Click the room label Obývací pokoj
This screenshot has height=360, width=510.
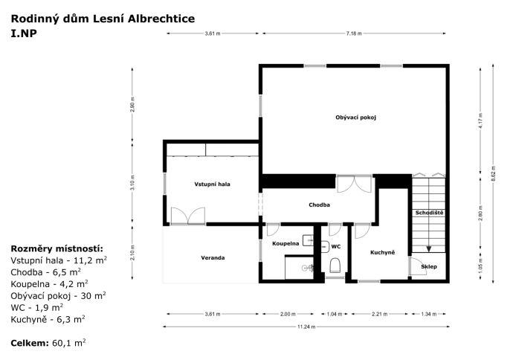coord(355,118)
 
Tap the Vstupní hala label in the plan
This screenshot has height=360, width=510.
coord(212,184)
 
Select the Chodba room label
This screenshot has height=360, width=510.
coord(319,205)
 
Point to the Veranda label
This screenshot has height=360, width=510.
coord(213,258)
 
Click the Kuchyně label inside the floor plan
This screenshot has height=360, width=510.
coord(382,252)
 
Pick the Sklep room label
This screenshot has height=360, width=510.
coord(429,266)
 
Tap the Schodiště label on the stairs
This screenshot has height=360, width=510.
coord(429,213)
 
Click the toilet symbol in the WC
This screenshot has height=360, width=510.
coord(335,266)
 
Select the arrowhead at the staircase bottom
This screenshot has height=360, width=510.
coord(429,249)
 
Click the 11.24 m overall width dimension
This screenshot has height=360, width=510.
coord(306,327)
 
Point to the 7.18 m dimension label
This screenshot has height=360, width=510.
coord(354,33)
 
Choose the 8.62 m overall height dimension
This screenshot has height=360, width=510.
coord(494,174)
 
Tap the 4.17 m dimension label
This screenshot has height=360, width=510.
coord(480,120)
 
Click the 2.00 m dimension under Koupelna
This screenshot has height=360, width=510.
coord(288,314)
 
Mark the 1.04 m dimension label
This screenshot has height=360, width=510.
coord(335,314)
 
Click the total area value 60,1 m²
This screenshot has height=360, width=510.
coord(69,343)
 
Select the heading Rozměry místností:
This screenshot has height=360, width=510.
coord(57,248)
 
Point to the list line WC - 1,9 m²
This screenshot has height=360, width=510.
coord(36,307)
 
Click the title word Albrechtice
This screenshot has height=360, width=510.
coord(161,19)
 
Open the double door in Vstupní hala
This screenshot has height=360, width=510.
coord(188,216)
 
